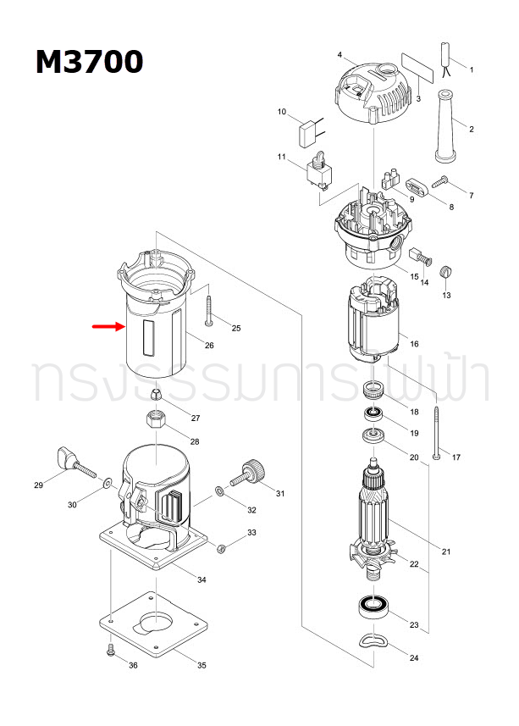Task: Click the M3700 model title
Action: point(89,62)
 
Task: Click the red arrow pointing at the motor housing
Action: point(108,326)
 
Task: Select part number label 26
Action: point(209,345)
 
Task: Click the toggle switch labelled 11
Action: point(318,172)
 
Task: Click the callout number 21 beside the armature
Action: point(446,552)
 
